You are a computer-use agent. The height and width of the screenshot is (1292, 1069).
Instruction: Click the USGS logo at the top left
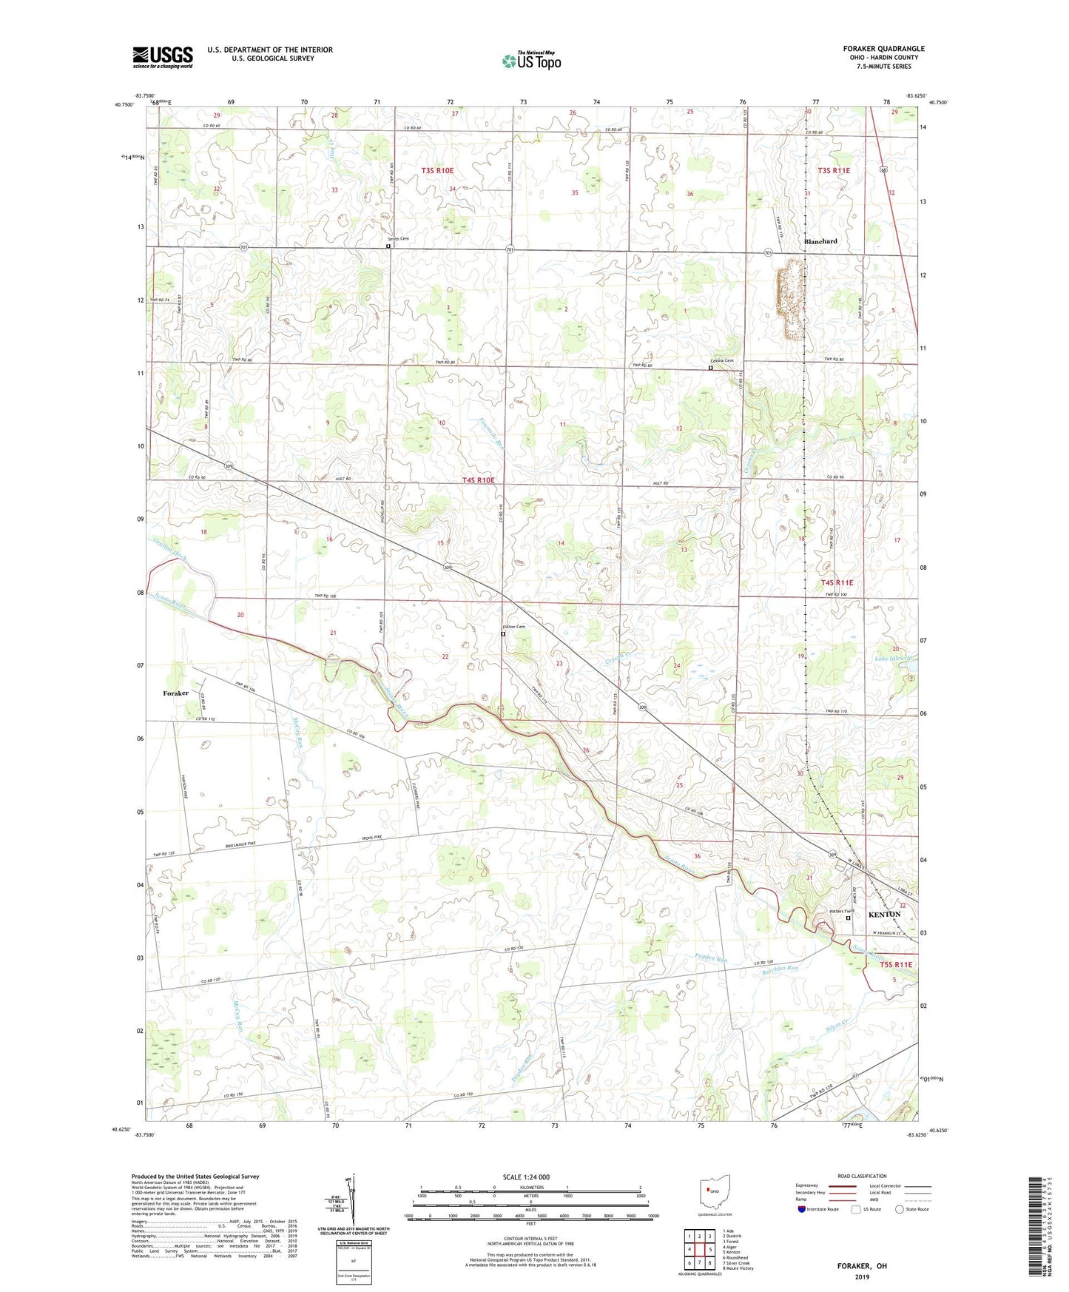(x=162, y=57)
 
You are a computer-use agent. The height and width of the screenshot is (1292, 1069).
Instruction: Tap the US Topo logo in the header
(x=530, y=61)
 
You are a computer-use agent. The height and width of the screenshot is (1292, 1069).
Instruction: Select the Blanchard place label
(x=820, y=241)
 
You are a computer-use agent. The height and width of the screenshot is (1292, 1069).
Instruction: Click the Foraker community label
(x=176, y=693)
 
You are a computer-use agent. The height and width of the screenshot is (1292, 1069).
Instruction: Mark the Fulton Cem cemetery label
(x=516, y=628)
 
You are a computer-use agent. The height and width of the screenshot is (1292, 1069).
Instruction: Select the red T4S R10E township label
(x=478, y=480)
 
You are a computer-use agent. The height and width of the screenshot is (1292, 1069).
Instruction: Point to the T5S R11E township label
(x=896, y=965)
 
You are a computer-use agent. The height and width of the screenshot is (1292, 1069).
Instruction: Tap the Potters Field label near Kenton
(x=841, y=910)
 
